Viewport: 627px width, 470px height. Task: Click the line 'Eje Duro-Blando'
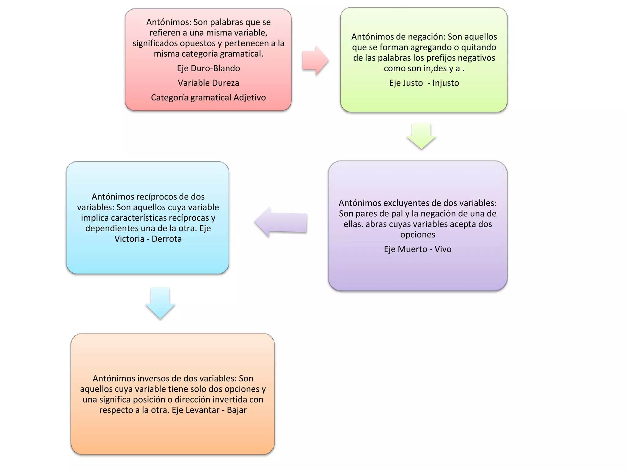208,68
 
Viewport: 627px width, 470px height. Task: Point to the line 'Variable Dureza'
208,83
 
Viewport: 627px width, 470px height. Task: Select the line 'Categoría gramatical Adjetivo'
208,98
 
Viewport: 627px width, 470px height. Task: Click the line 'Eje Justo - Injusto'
424,83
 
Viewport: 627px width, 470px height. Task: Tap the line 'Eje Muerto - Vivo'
418,249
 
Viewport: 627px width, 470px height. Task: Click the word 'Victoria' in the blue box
129,239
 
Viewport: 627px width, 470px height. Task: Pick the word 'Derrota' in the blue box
167,239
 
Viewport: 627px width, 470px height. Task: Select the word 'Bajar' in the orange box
237,410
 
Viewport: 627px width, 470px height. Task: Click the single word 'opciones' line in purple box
418,235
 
